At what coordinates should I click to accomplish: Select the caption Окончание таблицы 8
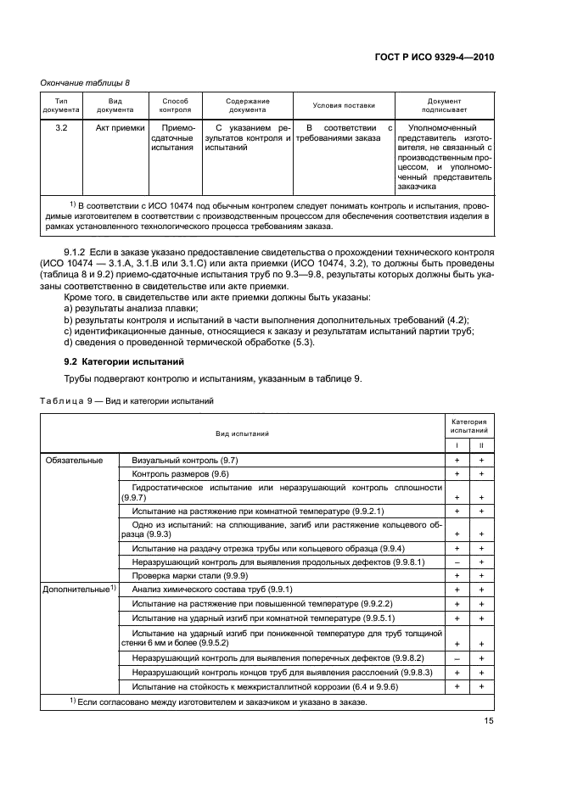(86, 82)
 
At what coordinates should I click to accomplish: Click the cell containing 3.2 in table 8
(61, 129)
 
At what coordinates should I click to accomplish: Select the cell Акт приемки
(115, 129)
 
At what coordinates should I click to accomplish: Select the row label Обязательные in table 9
(74, 460)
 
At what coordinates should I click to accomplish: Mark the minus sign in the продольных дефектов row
(457, 562)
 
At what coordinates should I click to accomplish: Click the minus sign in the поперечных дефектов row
(457, 658)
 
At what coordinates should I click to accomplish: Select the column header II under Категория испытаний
(481, 445)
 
